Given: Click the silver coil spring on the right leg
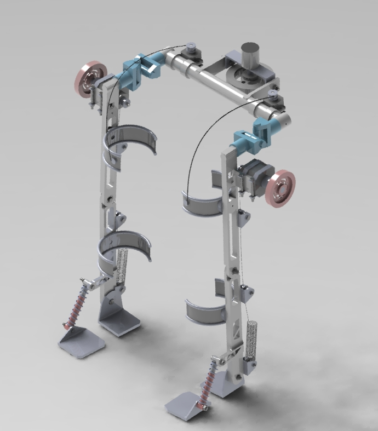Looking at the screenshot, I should tap(251, 340).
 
